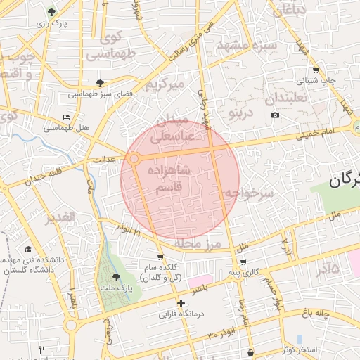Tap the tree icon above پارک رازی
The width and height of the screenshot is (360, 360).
[x=52, y=12]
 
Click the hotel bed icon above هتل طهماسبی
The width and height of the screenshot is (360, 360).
[x=67, y=117]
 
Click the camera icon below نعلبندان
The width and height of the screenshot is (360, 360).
[x=275, y=115]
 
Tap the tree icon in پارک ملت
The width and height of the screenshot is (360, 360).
[x=115, y=277]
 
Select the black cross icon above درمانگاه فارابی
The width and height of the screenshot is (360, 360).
[x=181, y=303]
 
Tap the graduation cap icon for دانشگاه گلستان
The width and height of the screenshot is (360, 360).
[x=28, y=250]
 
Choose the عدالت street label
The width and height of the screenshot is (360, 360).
[x=104, y=160]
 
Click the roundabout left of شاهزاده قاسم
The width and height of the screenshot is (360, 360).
[x=134, y=160]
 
